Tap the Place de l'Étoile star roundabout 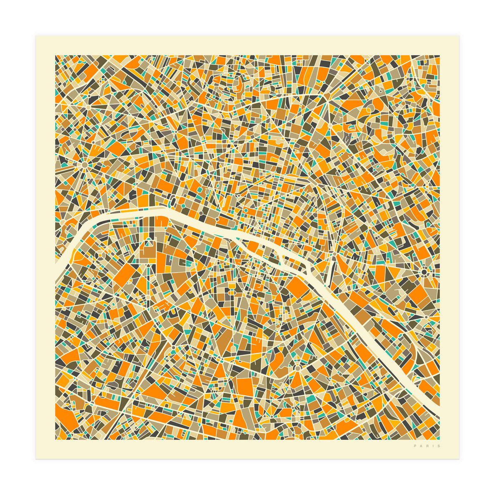[85, 165]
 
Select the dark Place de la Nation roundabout [424, 272]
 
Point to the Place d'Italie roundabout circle [297, 367]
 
